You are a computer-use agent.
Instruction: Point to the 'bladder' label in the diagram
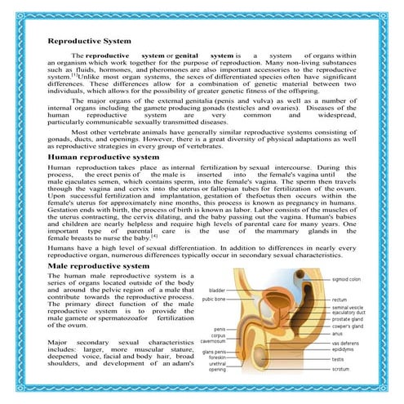216,291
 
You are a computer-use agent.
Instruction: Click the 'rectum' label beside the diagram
340,300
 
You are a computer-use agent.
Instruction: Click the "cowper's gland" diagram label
349,326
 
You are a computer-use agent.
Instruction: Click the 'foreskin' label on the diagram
216,357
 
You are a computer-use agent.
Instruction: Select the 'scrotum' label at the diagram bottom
340,369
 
